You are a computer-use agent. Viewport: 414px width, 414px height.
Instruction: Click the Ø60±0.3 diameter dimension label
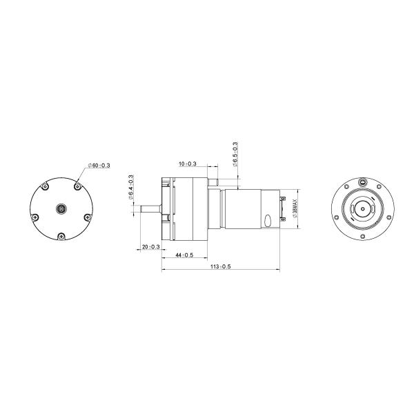click(x=101, y=166)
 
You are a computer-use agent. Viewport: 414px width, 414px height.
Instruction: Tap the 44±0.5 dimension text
click(x=184, y=255)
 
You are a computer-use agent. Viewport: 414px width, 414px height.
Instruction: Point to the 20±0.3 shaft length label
click(x=150, y=246)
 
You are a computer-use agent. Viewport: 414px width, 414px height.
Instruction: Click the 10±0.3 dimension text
click(x=187, y=164)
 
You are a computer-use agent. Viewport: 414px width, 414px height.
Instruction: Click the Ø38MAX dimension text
click(x=295, y=207)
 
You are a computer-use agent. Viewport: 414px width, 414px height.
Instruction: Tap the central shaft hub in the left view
click(x=62, y=208)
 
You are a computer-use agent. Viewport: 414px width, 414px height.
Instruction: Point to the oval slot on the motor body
click(x=266, y=221)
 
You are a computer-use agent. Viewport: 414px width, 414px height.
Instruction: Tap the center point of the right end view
click(x=362, y=208)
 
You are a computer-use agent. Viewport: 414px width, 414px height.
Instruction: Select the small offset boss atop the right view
click(x=362, y=183)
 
